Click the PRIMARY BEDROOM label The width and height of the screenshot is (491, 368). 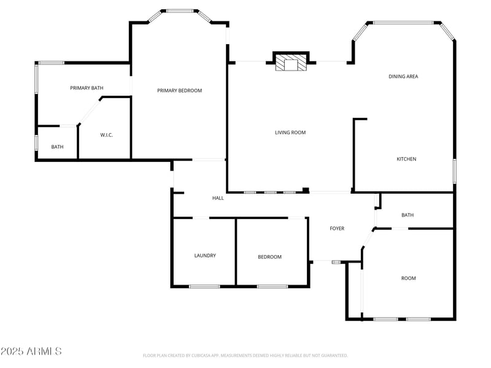[179, 91]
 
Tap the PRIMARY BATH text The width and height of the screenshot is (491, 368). [87, 88]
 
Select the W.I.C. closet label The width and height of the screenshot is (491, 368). [106, 135]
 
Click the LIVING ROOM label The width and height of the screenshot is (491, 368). [290, 132]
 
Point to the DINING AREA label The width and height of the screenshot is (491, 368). [403, 77]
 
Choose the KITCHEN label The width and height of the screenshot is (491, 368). [406, 159]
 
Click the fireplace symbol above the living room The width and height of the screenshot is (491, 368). [290, 63]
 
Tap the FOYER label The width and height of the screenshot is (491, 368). [337, 229]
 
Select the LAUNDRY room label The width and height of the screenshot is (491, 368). [205, 256]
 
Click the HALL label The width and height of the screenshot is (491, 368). [218, 198]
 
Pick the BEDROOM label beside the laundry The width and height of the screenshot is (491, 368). [269, 257]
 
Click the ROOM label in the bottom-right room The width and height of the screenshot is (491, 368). [408, 278]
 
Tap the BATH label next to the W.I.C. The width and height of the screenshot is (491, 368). [57, 147]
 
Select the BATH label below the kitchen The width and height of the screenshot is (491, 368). [408, 215]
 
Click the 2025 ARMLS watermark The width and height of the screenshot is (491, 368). [31, 351]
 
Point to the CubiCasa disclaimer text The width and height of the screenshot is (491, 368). [245, 355]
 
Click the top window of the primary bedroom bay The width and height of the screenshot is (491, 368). [180, 11]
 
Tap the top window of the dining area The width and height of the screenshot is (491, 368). [403, 23]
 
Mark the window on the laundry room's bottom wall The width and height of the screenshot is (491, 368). [204, 286]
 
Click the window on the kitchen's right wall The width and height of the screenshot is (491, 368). [454, 171]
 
